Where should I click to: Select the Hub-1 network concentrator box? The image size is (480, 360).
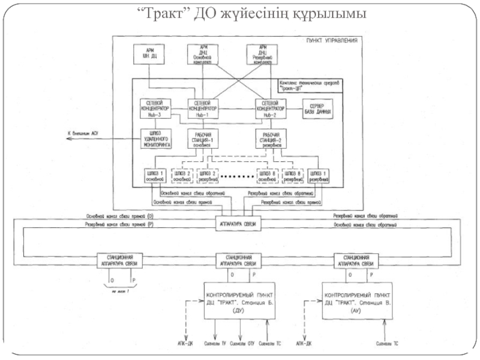click(x=202, y=108)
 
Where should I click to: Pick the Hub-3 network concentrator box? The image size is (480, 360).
click(x=155, y=108)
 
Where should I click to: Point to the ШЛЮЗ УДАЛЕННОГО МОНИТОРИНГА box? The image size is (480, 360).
click(x=155, y=139)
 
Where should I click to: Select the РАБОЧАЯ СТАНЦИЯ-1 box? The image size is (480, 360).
click(x=202, y=139)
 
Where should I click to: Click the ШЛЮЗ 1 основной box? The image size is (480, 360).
click(x=154, y=176)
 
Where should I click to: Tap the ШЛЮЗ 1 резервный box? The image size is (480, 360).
click(x=319, y=176)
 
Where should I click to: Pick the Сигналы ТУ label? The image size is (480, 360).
click(x=215, y=344)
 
